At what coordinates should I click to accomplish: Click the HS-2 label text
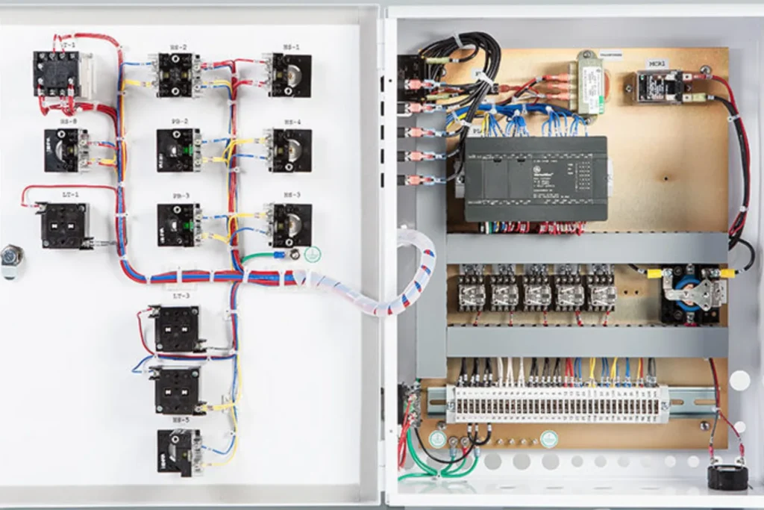179,47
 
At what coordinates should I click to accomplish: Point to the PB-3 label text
179,196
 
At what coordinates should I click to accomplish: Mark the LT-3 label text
181,296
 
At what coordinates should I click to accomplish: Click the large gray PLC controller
536,179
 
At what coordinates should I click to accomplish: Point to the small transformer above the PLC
590,84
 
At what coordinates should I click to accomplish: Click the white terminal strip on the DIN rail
557,402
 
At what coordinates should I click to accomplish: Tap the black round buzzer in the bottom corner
727,476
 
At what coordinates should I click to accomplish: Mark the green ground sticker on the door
313,254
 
